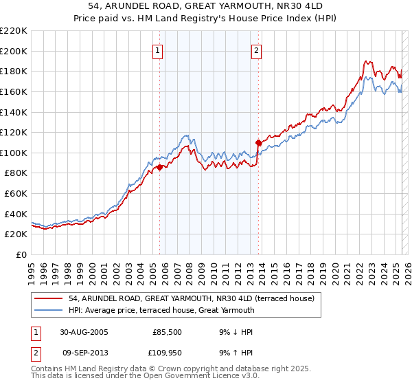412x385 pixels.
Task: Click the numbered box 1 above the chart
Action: click(x=159, y=50)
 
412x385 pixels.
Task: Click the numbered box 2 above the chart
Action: click(x=256, y=50)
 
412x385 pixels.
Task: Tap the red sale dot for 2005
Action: click(x=159, y=167)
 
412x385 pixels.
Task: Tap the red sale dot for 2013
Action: click(x=259, y=142)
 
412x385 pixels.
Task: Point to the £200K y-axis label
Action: click(x=14, y=51)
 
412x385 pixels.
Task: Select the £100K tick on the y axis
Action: click(x=14, y=153)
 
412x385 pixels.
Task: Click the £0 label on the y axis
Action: click(x=21, y=255)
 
